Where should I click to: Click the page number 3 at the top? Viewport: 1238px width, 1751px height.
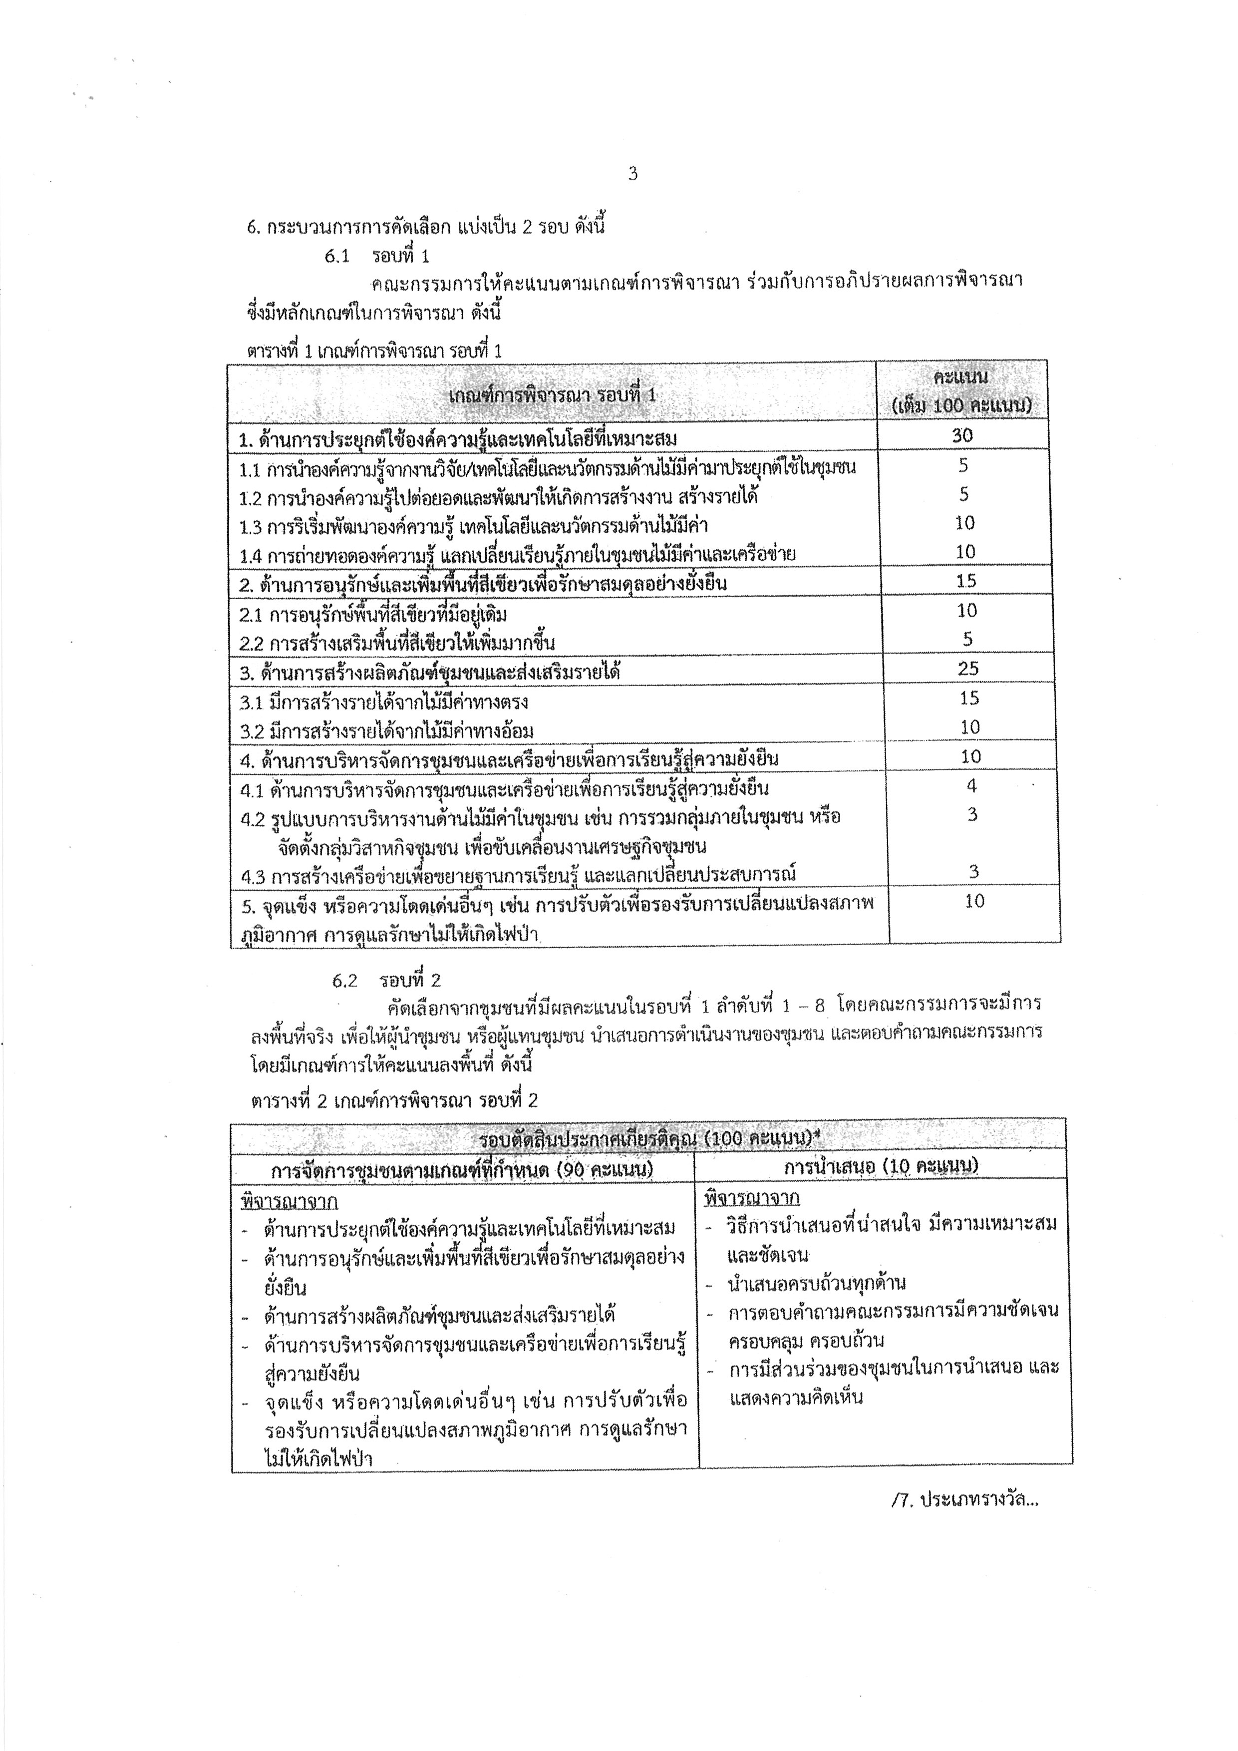(632, 174)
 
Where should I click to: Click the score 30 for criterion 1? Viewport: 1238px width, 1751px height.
(962, 435)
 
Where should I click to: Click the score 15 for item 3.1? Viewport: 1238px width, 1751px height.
(968, 698)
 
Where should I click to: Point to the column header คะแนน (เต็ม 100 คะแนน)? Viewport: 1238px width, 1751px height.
(961, 392)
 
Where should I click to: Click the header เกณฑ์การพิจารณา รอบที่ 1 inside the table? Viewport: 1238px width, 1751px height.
(552, 395)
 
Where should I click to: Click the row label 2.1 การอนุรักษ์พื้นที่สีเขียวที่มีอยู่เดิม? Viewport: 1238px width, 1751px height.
(373, 614)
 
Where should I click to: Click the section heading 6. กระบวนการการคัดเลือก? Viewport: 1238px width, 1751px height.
(426, 227)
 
